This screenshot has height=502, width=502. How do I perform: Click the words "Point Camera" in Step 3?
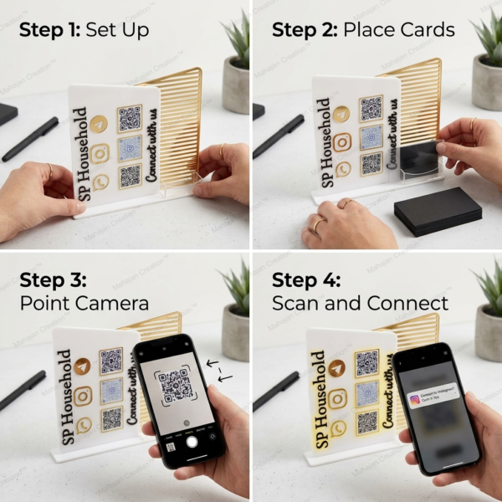[x=84, y=302]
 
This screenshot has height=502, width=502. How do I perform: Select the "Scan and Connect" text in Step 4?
[x=360, y=302]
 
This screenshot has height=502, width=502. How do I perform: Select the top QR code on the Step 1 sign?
[x=130, y=119]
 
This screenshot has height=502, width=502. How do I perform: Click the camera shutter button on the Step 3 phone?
[x=192, y=441]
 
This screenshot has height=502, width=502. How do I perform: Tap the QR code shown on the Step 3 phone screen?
[x=177, y=386]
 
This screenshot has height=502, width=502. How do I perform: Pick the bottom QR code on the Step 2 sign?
[x=371, y=164]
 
